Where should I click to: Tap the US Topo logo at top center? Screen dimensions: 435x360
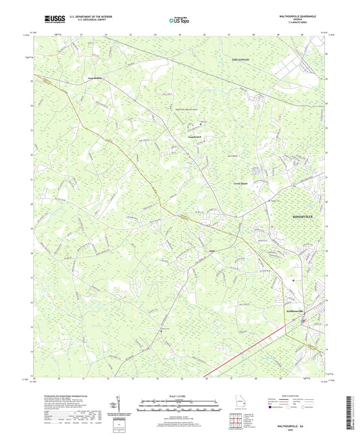178,20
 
